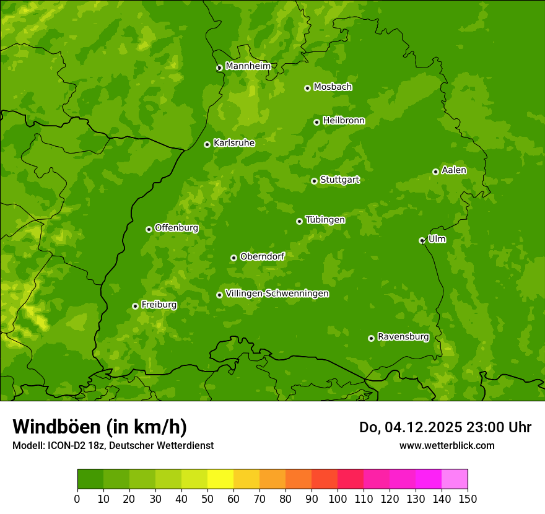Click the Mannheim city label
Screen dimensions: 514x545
coord(248,66)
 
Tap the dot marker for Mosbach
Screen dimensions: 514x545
coord(307,88)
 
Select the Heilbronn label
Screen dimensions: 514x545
coord(344,121)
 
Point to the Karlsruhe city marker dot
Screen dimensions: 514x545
coord(207,144)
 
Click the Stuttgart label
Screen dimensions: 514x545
coord(339,180)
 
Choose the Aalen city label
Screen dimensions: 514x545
coord(454,170)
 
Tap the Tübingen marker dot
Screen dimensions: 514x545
coord(299,221)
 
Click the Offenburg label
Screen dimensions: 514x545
coord(177,228)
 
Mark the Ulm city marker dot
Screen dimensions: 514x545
coord(422,240)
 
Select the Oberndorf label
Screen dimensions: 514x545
coord(262,256)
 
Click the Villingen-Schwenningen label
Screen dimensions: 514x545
coord(277,294)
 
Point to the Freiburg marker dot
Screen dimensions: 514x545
coord(135,306)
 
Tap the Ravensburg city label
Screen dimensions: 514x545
coord(403,337)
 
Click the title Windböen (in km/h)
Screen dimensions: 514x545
coord(100,427)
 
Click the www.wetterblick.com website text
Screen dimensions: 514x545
coord(447,445)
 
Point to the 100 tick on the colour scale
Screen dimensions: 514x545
coord(338,498)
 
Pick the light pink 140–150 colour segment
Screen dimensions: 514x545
coord(455,479)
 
